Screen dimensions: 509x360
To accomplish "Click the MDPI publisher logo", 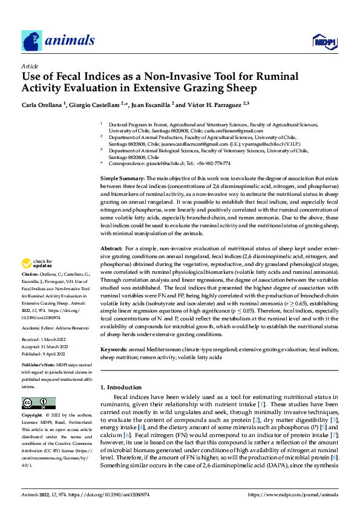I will tap(324, 41).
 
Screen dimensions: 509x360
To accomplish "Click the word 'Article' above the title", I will tap(30, 65).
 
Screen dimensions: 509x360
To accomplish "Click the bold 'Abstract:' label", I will tap(112, 248).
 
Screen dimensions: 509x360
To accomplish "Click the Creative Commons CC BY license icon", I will tap(38, 403).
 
